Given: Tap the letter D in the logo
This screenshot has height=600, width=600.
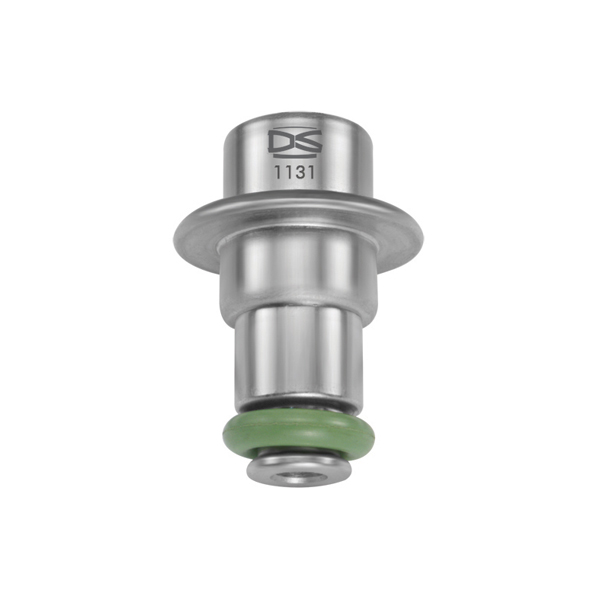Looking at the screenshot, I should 280,141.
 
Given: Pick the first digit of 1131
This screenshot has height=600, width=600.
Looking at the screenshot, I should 279,171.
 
